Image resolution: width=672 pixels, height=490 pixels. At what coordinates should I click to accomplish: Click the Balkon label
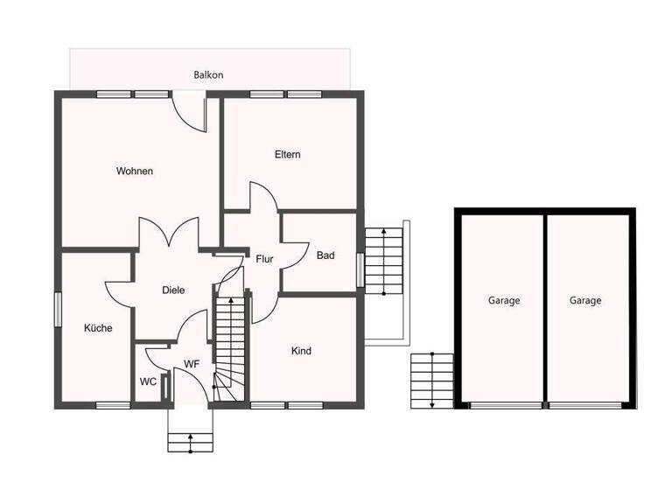point(208,75)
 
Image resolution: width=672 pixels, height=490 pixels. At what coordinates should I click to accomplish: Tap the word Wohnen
point(135,171)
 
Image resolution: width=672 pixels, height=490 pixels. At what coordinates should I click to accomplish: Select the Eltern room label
point(287,155)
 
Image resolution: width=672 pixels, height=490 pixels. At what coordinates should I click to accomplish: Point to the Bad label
point(325,255)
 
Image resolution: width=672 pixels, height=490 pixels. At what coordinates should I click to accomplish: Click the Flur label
point(265,259)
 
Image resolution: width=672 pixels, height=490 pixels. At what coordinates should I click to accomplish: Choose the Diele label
point(173,290)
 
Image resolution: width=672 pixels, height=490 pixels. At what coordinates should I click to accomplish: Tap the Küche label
point(98,328)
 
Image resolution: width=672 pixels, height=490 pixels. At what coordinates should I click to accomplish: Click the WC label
point(148,381)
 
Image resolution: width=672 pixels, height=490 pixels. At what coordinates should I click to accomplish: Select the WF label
point(192,364)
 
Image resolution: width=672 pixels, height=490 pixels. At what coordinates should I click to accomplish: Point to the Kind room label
point(301,351)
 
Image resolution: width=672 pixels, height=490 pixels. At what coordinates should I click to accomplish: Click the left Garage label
point(504,300)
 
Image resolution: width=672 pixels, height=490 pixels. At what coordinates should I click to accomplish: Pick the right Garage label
point(585,300)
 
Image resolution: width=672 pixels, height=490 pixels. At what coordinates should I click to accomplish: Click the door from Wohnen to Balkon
point(189,113)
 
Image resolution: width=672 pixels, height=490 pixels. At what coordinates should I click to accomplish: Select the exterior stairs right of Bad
point(382,261)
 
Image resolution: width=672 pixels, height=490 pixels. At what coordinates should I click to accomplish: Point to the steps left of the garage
point(432,380)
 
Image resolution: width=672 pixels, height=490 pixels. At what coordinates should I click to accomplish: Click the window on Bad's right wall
point(360,269)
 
